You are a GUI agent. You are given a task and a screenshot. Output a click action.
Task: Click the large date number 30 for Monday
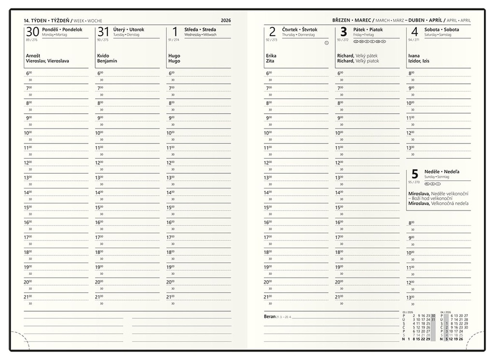[x=32, y=32]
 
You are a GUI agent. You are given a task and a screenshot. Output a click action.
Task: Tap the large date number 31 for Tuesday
[x=103, y=32]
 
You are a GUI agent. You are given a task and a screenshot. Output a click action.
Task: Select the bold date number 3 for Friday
[x=344, y=32]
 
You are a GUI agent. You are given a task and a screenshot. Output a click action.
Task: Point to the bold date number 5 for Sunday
[x=414, y=174]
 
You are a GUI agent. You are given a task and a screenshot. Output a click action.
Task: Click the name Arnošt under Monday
[x=33, y=56]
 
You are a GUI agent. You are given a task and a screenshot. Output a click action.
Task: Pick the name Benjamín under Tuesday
[x=107, y=61]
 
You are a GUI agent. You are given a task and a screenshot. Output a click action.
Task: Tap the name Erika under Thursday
[x=271, y=56]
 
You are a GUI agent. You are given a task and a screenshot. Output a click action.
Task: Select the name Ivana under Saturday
[x=414, y=56]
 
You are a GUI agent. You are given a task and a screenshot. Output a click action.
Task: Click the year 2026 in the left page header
[x=225, y=21]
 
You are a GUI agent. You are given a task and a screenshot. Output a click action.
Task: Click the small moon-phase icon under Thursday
[x=326, y=43]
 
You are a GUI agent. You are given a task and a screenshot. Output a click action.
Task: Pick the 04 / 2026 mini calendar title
[x=445, y=312]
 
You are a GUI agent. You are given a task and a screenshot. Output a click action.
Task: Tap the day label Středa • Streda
[x=200, y=30]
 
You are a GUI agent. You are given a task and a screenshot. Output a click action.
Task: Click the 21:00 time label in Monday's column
[x=28, y=297]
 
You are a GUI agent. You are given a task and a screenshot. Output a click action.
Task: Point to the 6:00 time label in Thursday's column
[x=269, y=73]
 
